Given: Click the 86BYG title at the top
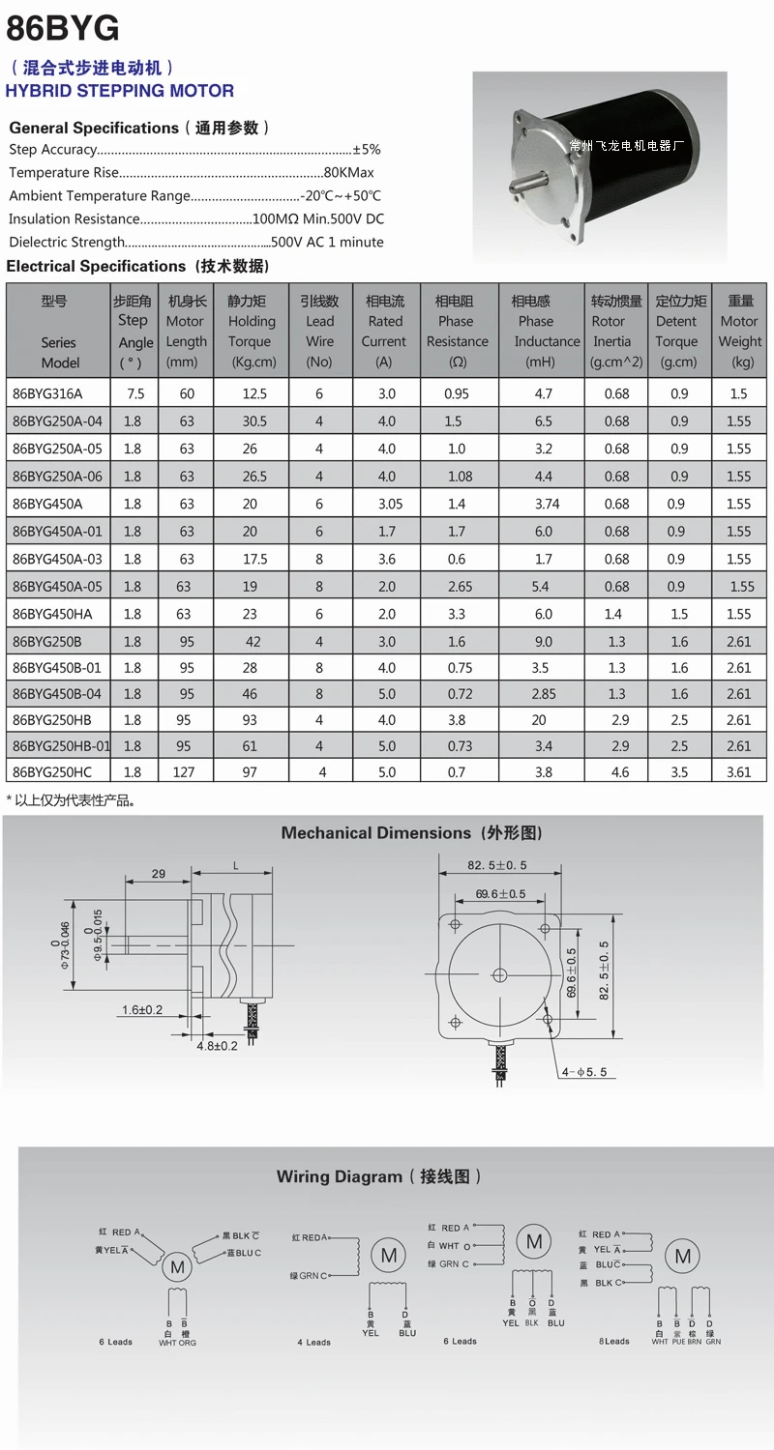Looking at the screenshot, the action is tap(63, 28).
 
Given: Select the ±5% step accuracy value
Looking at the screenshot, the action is tap(367, 150).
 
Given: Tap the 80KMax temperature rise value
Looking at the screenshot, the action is tap(348, 173).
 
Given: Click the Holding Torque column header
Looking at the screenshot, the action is tap(252, 332).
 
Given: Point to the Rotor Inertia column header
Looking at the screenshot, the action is tap(616, 332).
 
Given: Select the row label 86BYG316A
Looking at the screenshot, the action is tap(47, 393).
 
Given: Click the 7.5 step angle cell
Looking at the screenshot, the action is tap(135, 393).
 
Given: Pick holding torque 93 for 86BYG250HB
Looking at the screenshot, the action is tap(250, 720).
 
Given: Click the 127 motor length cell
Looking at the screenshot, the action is tap(183, 772).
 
